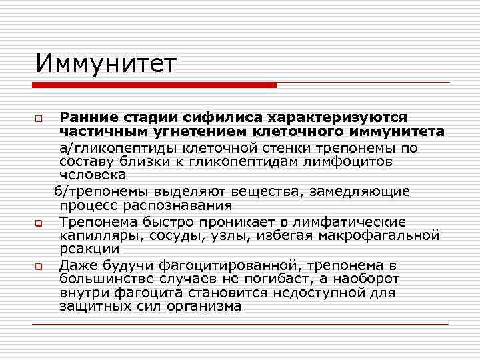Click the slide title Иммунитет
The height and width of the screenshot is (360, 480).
(107, 65)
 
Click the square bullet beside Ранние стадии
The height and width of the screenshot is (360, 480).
(39, 119)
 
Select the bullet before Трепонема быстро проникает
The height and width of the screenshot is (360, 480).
(39, 223)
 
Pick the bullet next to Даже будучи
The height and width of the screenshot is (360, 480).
(39, 267)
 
